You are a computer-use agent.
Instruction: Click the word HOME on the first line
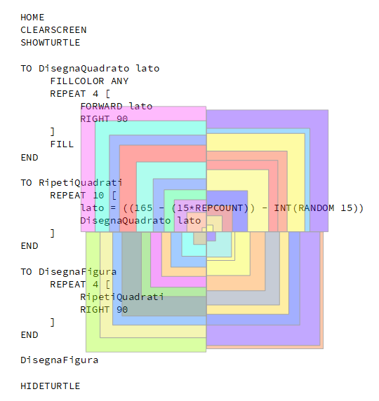(x=32, y=18)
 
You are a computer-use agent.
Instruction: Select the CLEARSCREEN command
(x=53, y=30)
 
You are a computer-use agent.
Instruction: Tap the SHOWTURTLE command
(x=51, y=43)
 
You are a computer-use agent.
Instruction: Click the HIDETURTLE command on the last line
(x=51, y=386)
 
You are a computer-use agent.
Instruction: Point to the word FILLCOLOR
(x=77, y=81)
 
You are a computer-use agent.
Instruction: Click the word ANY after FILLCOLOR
(x=119, y=81)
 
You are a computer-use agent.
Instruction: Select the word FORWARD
(x=101, y=107)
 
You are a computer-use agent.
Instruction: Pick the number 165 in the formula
(x=143, y=208)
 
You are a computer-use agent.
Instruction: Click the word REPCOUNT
(x=219, y=208)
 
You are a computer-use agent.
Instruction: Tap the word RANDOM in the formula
(x=317, y=208)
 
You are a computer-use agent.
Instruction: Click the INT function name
(x=283, y=208)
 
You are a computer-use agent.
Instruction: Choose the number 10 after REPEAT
(x=98, y=196)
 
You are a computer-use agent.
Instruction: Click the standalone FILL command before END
(x=62, y=144)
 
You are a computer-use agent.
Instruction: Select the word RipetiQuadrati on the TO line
(x=81, y=183)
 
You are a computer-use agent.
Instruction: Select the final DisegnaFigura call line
(x=60, y=360)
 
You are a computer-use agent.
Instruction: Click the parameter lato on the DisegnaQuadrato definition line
(x=148, y=69)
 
